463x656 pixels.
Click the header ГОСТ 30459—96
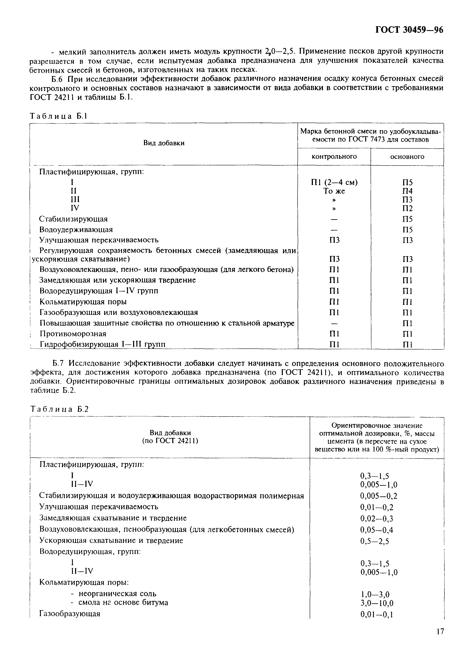[x=409, y=30]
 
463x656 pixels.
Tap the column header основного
[x=407, y=157]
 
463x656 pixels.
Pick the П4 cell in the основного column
[x=407, y=191]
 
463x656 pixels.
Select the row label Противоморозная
[x=73, y=334]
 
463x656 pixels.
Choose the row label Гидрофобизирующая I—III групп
[x=103, y=344]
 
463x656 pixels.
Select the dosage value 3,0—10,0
[x=377, y=603]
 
